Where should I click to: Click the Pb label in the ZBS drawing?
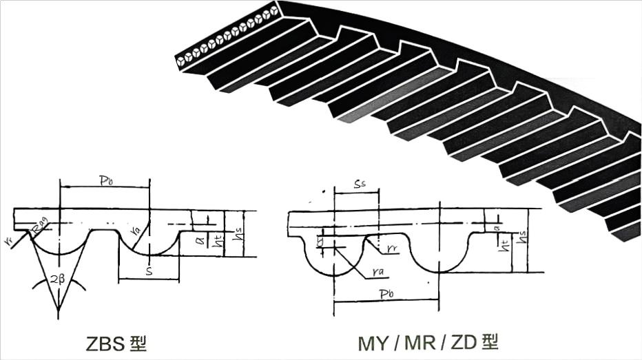tap(105, 180)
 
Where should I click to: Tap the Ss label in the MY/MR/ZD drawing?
tap(359, 185)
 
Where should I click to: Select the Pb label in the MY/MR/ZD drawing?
tap(386, 294)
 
